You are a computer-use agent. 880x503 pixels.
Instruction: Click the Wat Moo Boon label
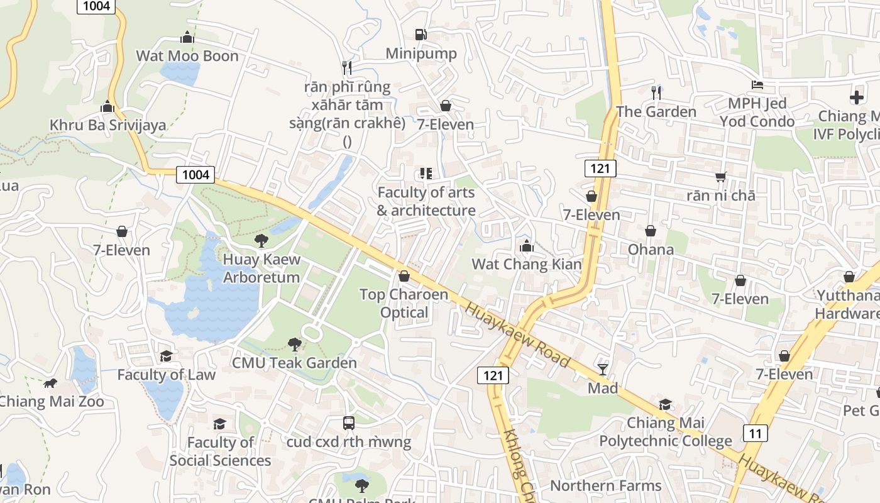click(x=187, y=56)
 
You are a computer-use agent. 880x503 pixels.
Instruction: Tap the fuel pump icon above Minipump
click(x=421, y=35)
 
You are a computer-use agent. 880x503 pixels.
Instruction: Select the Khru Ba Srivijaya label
click(x=108, y=125)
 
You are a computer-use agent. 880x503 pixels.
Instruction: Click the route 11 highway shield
click(x=755, y=433)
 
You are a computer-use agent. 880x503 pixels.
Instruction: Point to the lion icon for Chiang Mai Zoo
click(x=50, y=383)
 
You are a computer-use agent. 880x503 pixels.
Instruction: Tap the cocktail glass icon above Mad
click(x=603, y=369)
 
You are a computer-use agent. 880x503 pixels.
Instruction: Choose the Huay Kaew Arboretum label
click(x=261, y=268)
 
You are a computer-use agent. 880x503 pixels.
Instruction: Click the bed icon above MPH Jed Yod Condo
click(x=757, y=85)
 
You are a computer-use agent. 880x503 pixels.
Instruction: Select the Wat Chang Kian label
click(x=527, y=264)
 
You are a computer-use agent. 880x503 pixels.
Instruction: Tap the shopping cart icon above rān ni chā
click(x=720, y=177)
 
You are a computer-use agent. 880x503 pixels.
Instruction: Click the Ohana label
click(x=651, y=250)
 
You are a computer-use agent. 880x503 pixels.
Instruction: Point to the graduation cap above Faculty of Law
click(x=166, y=357)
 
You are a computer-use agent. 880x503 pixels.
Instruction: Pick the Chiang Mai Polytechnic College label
click(x=665, y=432)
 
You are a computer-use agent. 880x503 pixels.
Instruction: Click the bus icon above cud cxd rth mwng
click(x=349, y=423)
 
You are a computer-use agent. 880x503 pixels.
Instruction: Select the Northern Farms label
click(x=605, y=485)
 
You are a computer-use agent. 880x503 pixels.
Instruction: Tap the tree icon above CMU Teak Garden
click(x=294, y=344)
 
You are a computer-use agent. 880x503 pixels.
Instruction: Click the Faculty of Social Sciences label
click(x=220, y=451)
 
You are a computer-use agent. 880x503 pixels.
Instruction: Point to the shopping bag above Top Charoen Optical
click(x=404, y=276)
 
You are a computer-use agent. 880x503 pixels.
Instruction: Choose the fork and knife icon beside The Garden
click(x=656, y=92)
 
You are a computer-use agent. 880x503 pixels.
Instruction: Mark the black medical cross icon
click(x=857, y=97)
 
